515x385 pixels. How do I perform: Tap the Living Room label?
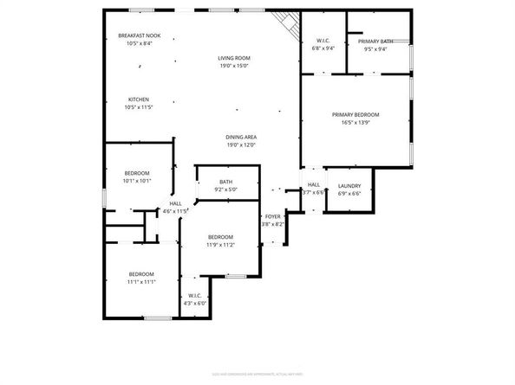(x=233, y=58)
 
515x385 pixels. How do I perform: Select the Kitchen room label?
(x=140, y=99)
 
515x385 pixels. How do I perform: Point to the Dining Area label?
(x=240, y=137)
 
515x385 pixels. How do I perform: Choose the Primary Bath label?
(x=375, y=41)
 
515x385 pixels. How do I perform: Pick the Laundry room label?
(x=349, y=185)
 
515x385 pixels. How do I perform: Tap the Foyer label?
(x=272, y=216)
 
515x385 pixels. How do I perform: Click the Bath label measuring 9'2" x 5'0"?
(x=225, y=182)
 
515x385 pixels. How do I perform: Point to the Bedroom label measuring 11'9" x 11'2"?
(x=220, y=237)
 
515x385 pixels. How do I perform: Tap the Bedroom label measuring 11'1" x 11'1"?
(x=142, y=274)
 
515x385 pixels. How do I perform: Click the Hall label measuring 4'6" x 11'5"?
(x=175, y=203)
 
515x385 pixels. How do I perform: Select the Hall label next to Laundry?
(x=314, y=184)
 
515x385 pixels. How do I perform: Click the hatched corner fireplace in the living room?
(x=284, y=20)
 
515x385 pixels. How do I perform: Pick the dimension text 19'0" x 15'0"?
(x=233, y=65)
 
